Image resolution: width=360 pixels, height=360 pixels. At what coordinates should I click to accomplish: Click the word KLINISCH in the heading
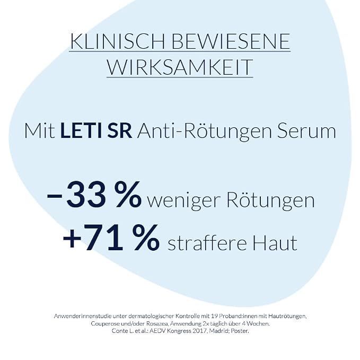(118, 41)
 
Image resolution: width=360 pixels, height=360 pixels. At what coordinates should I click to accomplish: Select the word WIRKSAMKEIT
(180, 67)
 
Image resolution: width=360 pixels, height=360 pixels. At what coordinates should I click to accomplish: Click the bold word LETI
(81, 131)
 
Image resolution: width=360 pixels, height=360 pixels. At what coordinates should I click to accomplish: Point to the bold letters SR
(120, 131)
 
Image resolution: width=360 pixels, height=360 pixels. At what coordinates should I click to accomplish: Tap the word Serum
(306, 131)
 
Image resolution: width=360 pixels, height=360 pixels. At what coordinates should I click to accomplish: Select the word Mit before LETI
(40, 131)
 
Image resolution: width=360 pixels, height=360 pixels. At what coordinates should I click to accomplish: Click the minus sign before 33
(55, 195)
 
